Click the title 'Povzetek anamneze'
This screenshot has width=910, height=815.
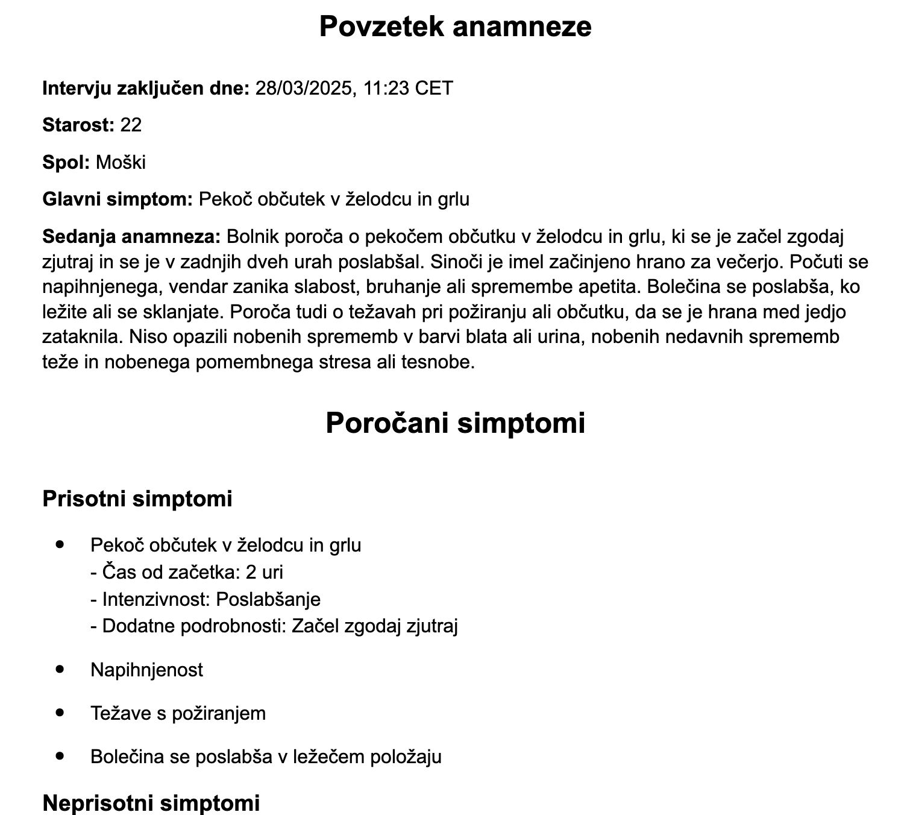[x=455, y=27]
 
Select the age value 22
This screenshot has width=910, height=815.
[x=131, y=125]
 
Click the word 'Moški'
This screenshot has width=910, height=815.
[x=121, y=162]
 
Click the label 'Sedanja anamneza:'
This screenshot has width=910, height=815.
[x=132, y=236]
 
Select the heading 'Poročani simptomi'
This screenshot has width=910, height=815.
[x=455, y=423]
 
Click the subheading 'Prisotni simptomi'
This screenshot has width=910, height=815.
[x=137, y=499]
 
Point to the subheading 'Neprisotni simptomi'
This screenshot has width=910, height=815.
[x=151, y=803]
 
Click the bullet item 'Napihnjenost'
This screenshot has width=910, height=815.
[x=146, y=670]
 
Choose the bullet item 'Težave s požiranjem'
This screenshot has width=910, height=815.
[x=178, y=713]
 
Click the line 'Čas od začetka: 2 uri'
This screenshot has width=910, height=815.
[x=187, y=571]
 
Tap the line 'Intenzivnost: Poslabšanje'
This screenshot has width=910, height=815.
[x=206, y=599]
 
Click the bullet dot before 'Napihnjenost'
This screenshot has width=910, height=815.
[x=59, y=669]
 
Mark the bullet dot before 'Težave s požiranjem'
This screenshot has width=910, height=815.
[x=59, y=712]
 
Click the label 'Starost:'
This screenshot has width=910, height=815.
[x=78, y=125]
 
